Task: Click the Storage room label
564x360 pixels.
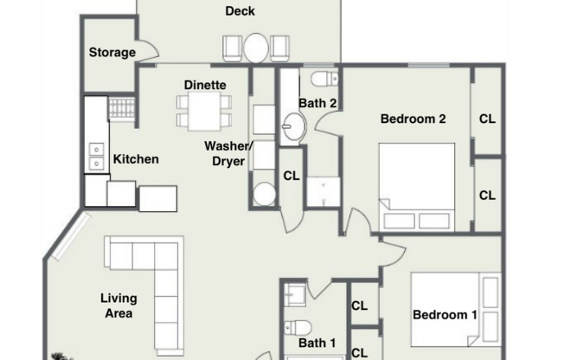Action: pos(112,53)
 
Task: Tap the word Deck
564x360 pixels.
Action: pos(240,11)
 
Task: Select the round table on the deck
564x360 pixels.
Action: pos(256,48)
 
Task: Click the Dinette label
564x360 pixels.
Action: pos(205,85)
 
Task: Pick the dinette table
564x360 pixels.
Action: pos(204,112)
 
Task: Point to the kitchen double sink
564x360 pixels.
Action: pos(96,157)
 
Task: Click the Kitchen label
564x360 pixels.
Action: pos(136,159)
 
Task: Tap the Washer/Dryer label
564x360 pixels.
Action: pos(228,153)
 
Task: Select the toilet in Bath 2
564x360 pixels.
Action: pos(324,79)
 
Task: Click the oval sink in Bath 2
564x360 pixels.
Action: pos(294,126)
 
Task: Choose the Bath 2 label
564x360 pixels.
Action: pos(317,103)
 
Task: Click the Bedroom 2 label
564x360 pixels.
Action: pos(413,119)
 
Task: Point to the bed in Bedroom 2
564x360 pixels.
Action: pos(417,187)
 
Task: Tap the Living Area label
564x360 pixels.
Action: pos(119,305)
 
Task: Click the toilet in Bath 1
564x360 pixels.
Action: pos(298,328)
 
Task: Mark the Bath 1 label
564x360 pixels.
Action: pos(317,343)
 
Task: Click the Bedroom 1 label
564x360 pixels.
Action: pos(445,315)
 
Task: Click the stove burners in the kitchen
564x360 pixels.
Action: pos(122,107)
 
